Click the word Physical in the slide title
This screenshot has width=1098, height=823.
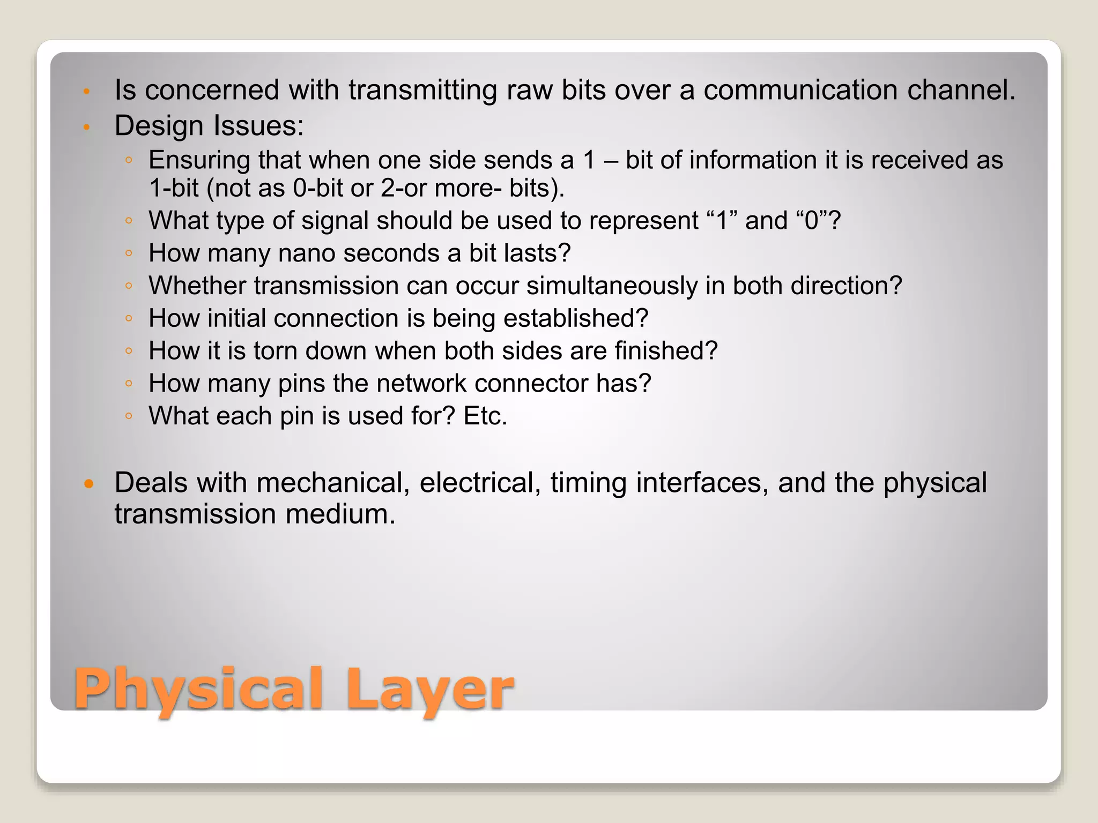tap(198, 689)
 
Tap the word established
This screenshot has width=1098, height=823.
tap(576, 318)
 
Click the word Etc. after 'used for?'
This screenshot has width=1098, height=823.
tap(485, 416)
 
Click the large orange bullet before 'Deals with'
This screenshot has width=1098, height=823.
tap(89, 484)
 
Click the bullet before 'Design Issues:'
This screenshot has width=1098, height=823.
tap(86, 128)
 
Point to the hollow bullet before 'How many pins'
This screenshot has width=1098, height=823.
tap(128, 384)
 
